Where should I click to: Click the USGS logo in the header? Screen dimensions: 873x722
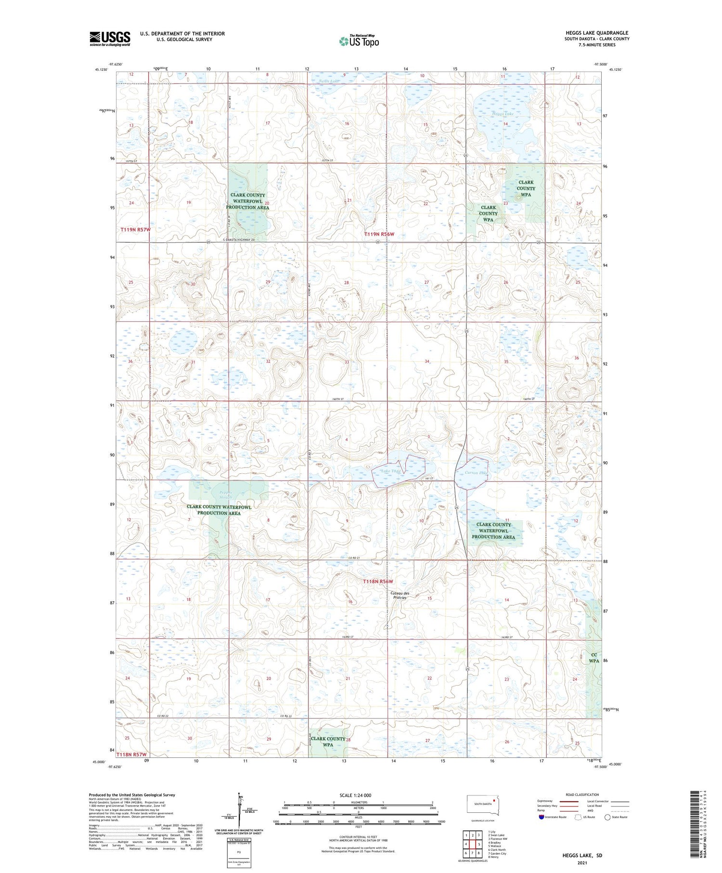pyautogui.click(x=110, y=39)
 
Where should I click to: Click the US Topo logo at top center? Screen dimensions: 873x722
pyautogui.click(x=359, y=41)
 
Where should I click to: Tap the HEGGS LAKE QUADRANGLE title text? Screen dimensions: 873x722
pyautogui.click(x=597, y=33)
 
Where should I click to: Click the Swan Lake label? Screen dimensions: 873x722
pyautogui.click(x=329, y=81)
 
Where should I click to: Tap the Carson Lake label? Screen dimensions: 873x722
pyautogui.click(x=476, y=473)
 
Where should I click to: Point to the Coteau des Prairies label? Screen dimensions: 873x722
pyautogui.click(x=400, y=595)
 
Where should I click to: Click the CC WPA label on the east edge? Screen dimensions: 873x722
pyautogui.click(x=594, y=658)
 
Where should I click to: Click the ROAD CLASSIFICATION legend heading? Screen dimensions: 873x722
pyautogui.click(x=582, y=795)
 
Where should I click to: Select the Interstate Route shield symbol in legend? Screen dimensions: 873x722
pyautogui.click(x=542, y=817)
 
